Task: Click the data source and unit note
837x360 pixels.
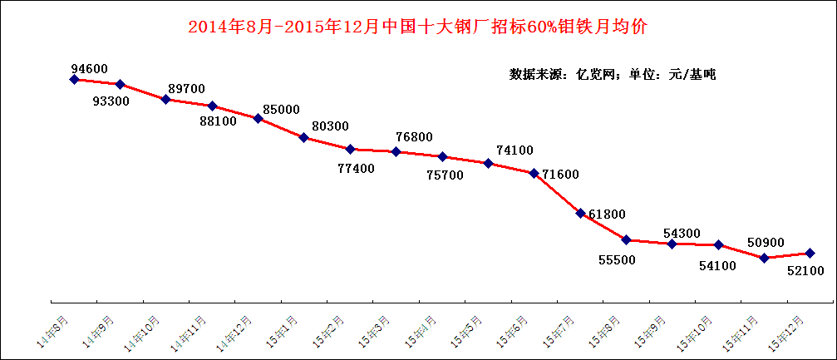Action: pyautogui.click(x=613, y=74)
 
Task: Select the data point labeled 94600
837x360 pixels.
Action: pyautogui.click(x=74, y=79)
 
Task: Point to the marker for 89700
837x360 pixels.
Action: pyautogui.click(x=166, y=99)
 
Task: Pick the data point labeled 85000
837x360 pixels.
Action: pyautogui.click(x=258, y=118)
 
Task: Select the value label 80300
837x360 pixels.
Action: pyautogui.click(x=330, y=126)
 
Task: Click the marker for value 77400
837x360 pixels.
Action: pyautogui.click(x=351, y=149)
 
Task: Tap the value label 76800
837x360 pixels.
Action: pyautogui.click(x=414, y=137)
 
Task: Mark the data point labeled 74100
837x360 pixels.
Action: pyautogui.click(x=489, y=163)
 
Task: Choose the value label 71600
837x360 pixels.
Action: pyautogui.click(x=561, y=174)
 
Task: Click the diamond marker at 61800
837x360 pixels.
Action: pyautogui.click(x=580, y=213)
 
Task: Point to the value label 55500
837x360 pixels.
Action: pyautogui.click(x=617, y=259)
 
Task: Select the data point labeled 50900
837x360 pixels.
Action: pyautogui.click(x=764, y=258)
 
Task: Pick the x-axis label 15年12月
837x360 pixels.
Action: pyautogui.click(x=788, y=332)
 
